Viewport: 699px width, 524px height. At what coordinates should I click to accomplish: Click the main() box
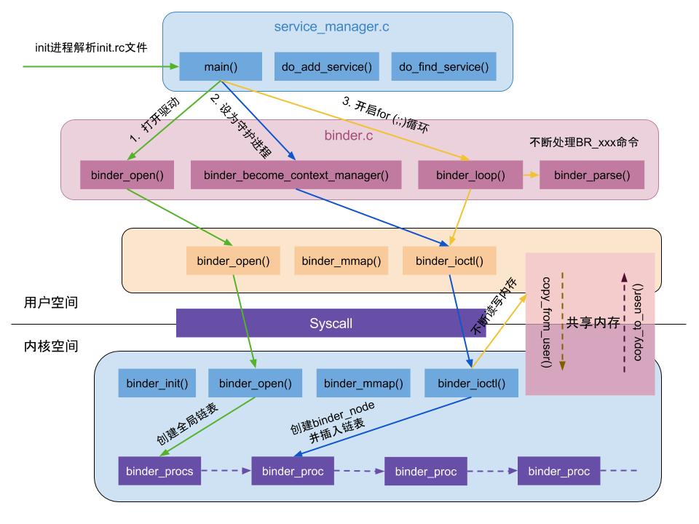(x=221, y=67)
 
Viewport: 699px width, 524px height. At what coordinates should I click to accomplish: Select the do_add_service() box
(x=327, y=67)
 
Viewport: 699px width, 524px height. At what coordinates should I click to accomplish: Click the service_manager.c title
(x=331, y=28)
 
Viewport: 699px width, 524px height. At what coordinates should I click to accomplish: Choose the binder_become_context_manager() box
(x=296, y=175)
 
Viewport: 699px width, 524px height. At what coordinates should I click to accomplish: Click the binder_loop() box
(x=470, y=175)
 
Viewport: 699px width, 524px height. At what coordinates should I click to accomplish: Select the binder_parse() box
(x=592, y=175)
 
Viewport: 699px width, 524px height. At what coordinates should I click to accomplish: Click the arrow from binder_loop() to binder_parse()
(x=530, y=175)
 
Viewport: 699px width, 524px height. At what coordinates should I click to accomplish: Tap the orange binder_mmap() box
(x=341, y=261)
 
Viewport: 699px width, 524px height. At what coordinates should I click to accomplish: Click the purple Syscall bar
(x=331, y=323)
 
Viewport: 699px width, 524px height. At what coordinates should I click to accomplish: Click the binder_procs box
(x=159, y=471)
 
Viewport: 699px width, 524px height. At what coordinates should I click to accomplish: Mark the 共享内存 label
(x=593, y=323)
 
